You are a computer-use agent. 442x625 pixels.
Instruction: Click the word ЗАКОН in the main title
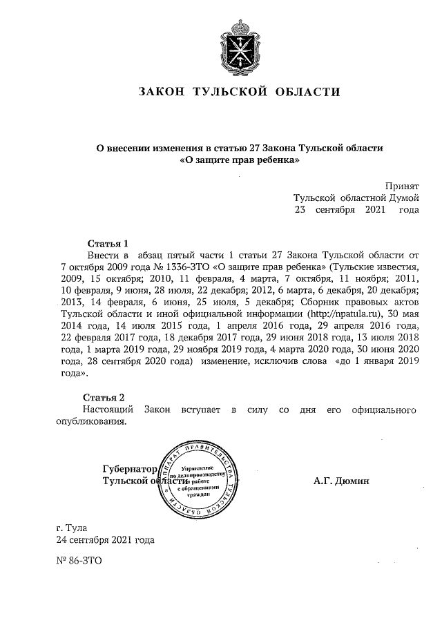[x=161, y=92]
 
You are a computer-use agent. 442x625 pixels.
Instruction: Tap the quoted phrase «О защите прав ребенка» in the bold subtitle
[x=239, y=160]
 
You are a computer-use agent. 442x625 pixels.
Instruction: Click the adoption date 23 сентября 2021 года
[x=356, y=209]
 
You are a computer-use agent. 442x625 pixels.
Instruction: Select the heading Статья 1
[x=108, y=243]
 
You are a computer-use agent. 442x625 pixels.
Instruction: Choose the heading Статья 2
[x=104, y=397]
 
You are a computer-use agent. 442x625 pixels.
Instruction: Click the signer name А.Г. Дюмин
[x=340, y=481]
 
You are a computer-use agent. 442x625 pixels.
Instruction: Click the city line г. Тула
[x=73, y=528]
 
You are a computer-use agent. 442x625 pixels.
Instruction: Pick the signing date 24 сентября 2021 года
[x=105, y=540]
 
